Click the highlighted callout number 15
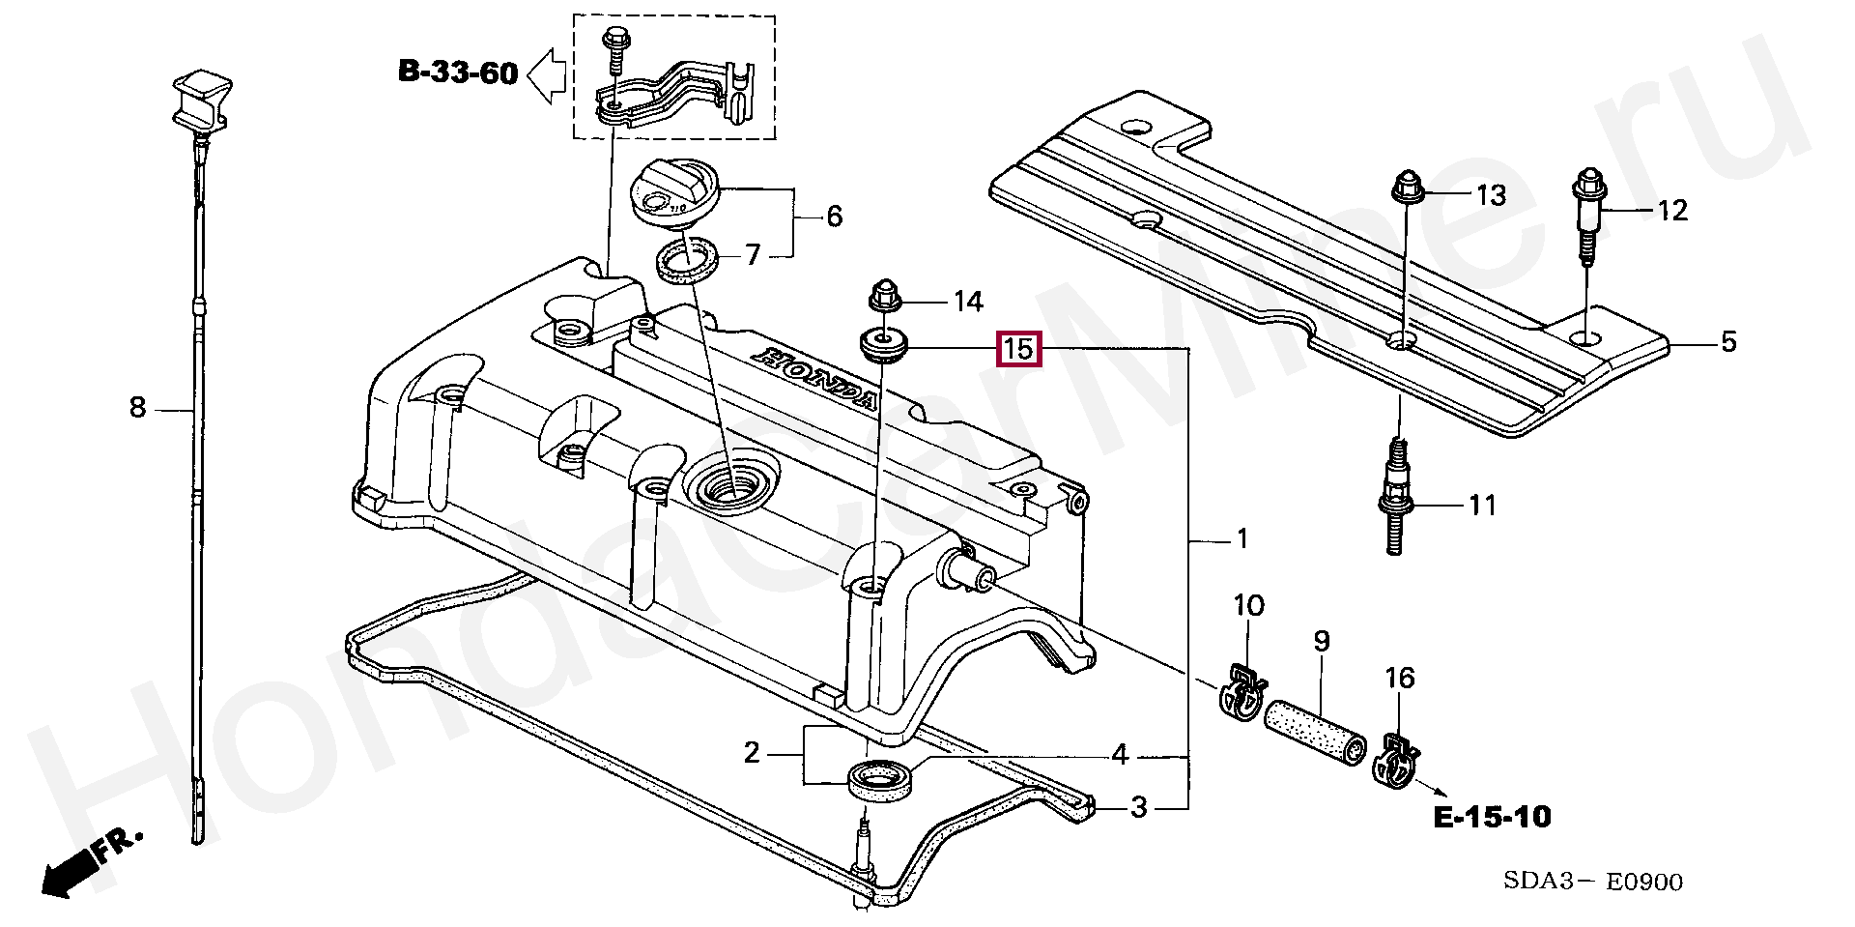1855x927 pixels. (1020, 348)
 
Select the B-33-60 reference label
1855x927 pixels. (458, 72)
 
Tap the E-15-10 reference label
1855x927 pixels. (1492, 818)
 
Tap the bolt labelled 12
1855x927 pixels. (1587, 217)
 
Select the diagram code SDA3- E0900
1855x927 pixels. (1592, 881)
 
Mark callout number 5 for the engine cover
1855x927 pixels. (1728, 341)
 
